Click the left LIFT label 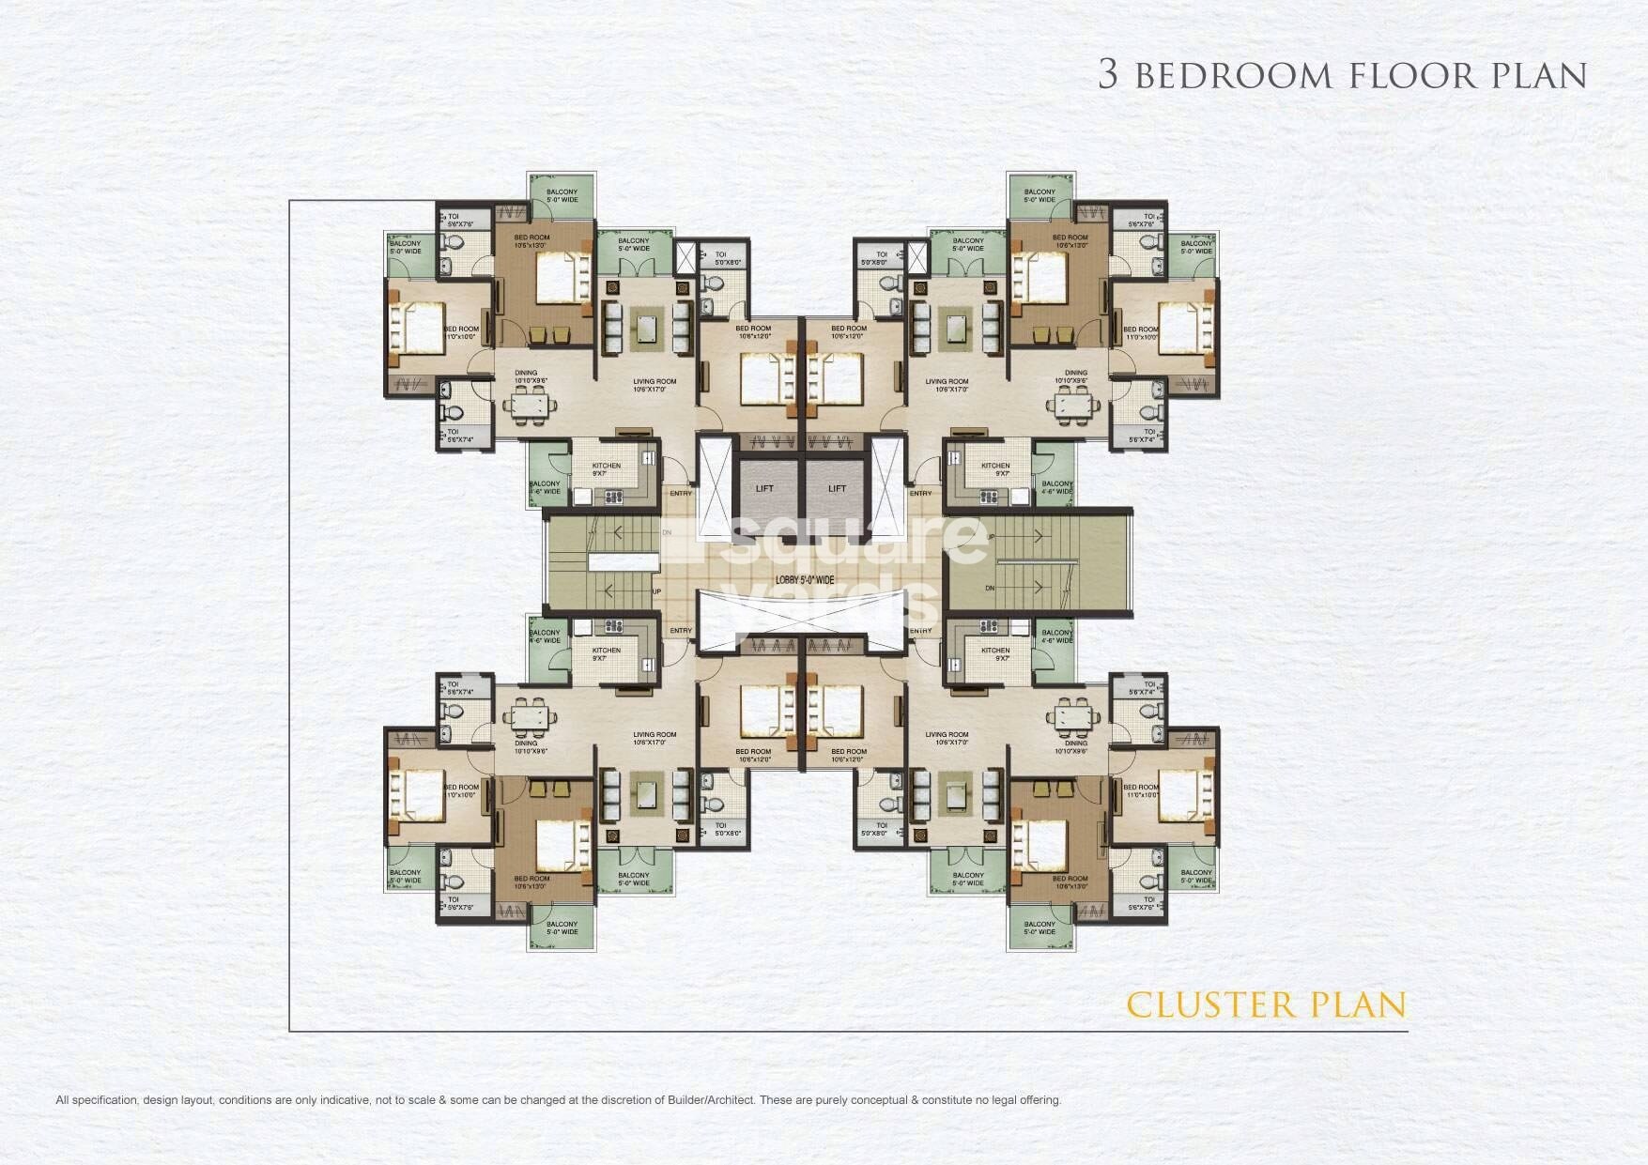(x=764, y=488)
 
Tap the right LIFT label (x=837, y=488)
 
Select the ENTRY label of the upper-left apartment (x=681, y=493)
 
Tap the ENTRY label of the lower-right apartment (x=921, y=631)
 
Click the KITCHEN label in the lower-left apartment (x=606, y=651)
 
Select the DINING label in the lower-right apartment (x=1075, y=743)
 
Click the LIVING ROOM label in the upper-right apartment (x=946, y=382)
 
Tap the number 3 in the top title (x=1108, y=75)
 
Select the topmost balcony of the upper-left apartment (x=562, y=195)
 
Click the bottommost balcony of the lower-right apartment (x=1040, y=928)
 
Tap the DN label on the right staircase (x=990, y=589)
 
